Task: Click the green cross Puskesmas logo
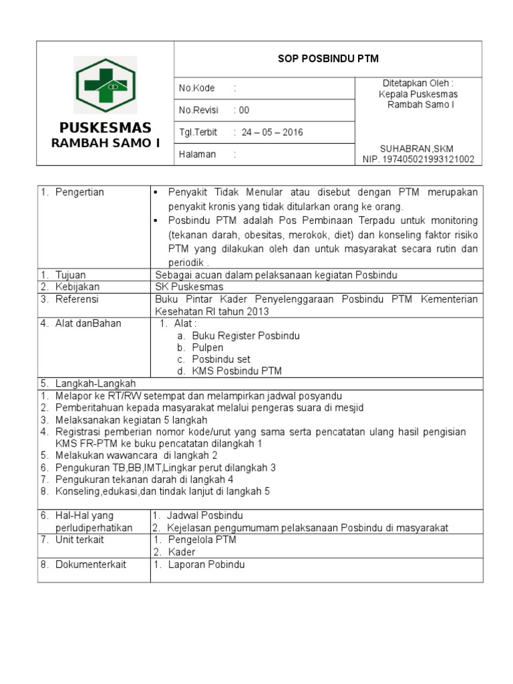pyautogui.click(x=106, y=85)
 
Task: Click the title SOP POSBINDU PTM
pyautogui.click(x=328, y=59)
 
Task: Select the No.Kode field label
pyautogui.click(x=196, y=88)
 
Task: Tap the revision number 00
pyautogui.click(x=244, y=110)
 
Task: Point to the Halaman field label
pyautogui.click(x=198, y=154)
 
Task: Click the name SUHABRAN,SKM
pyautogui.click(x=417, y=148)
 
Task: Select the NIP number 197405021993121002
pyautogui.click(x=418, y=159)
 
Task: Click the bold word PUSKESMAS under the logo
pyautogui.click(x=106, y=128)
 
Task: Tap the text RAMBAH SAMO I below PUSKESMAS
pyautogui.click(x=106, y=143)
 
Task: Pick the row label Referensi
pyautogui.click(x=77, y=299)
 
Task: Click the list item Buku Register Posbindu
pyautogui.click(x=245, y=335)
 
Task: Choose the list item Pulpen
pyautogui.click(x=207, y=347)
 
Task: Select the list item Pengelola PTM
pyautogui.click(x=202, y=540)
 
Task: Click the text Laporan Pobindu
pyautogui.click(x=206, y=564)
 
